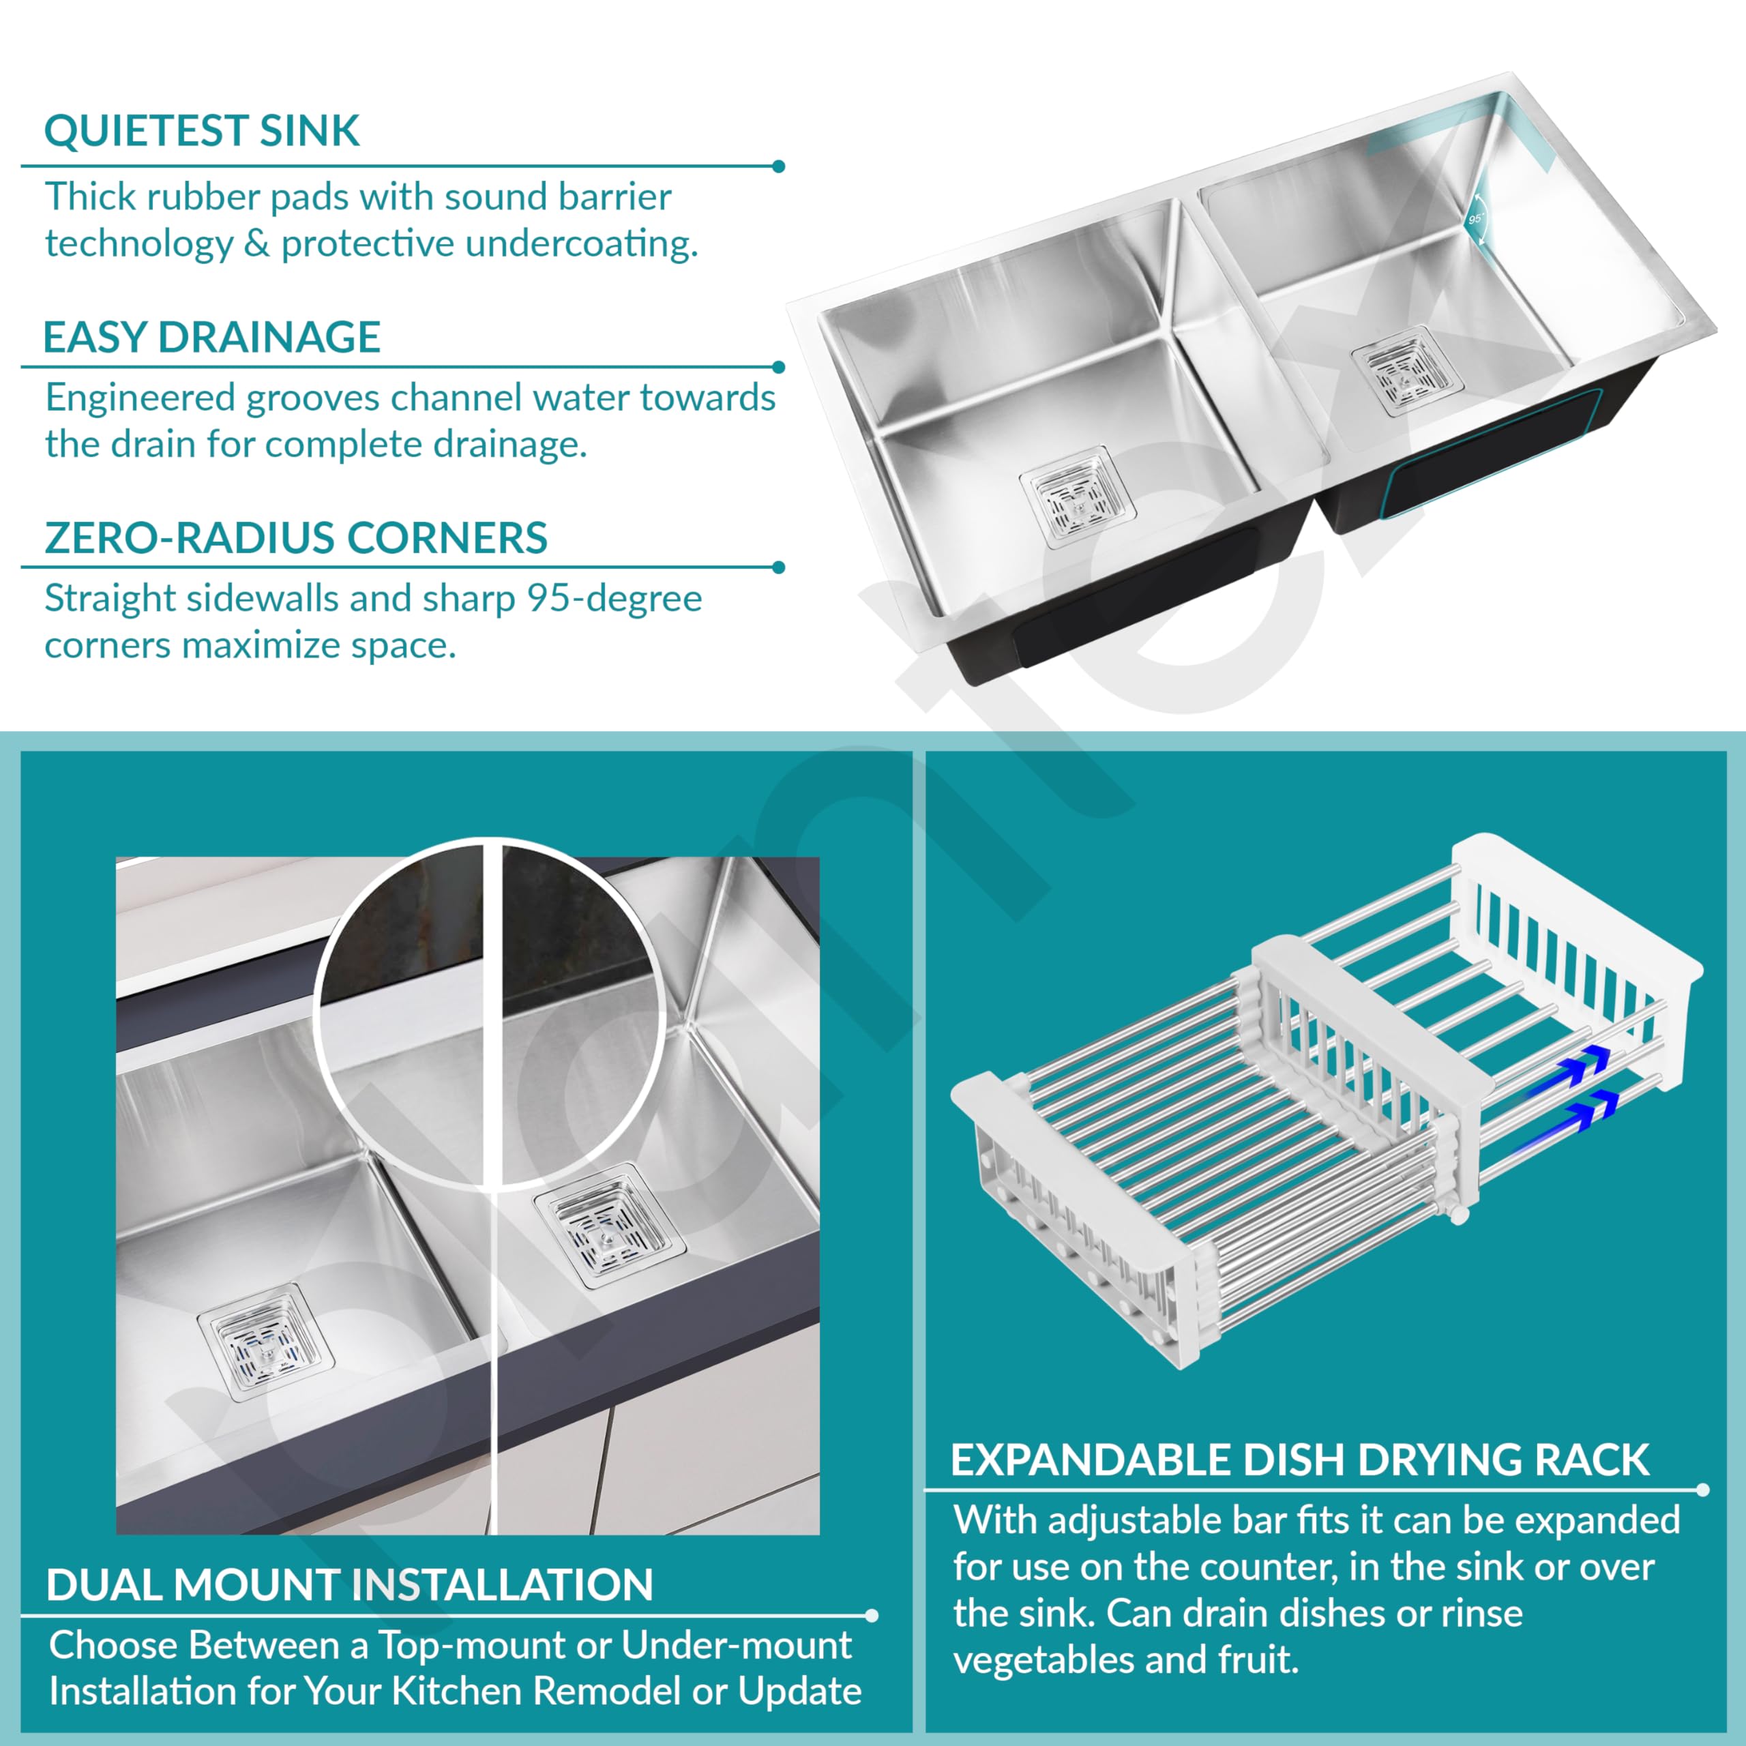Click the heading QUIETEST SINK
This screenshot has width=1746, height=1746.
pos(201,132)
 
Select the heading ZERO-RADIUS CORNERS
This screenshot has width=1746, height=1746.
pos(295,539)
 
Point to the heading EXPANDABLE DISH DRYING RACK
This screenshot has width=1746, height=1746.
pos(1299,1460)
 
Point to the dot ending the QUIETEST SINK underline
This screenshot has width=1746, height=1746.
pos(779,166)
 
